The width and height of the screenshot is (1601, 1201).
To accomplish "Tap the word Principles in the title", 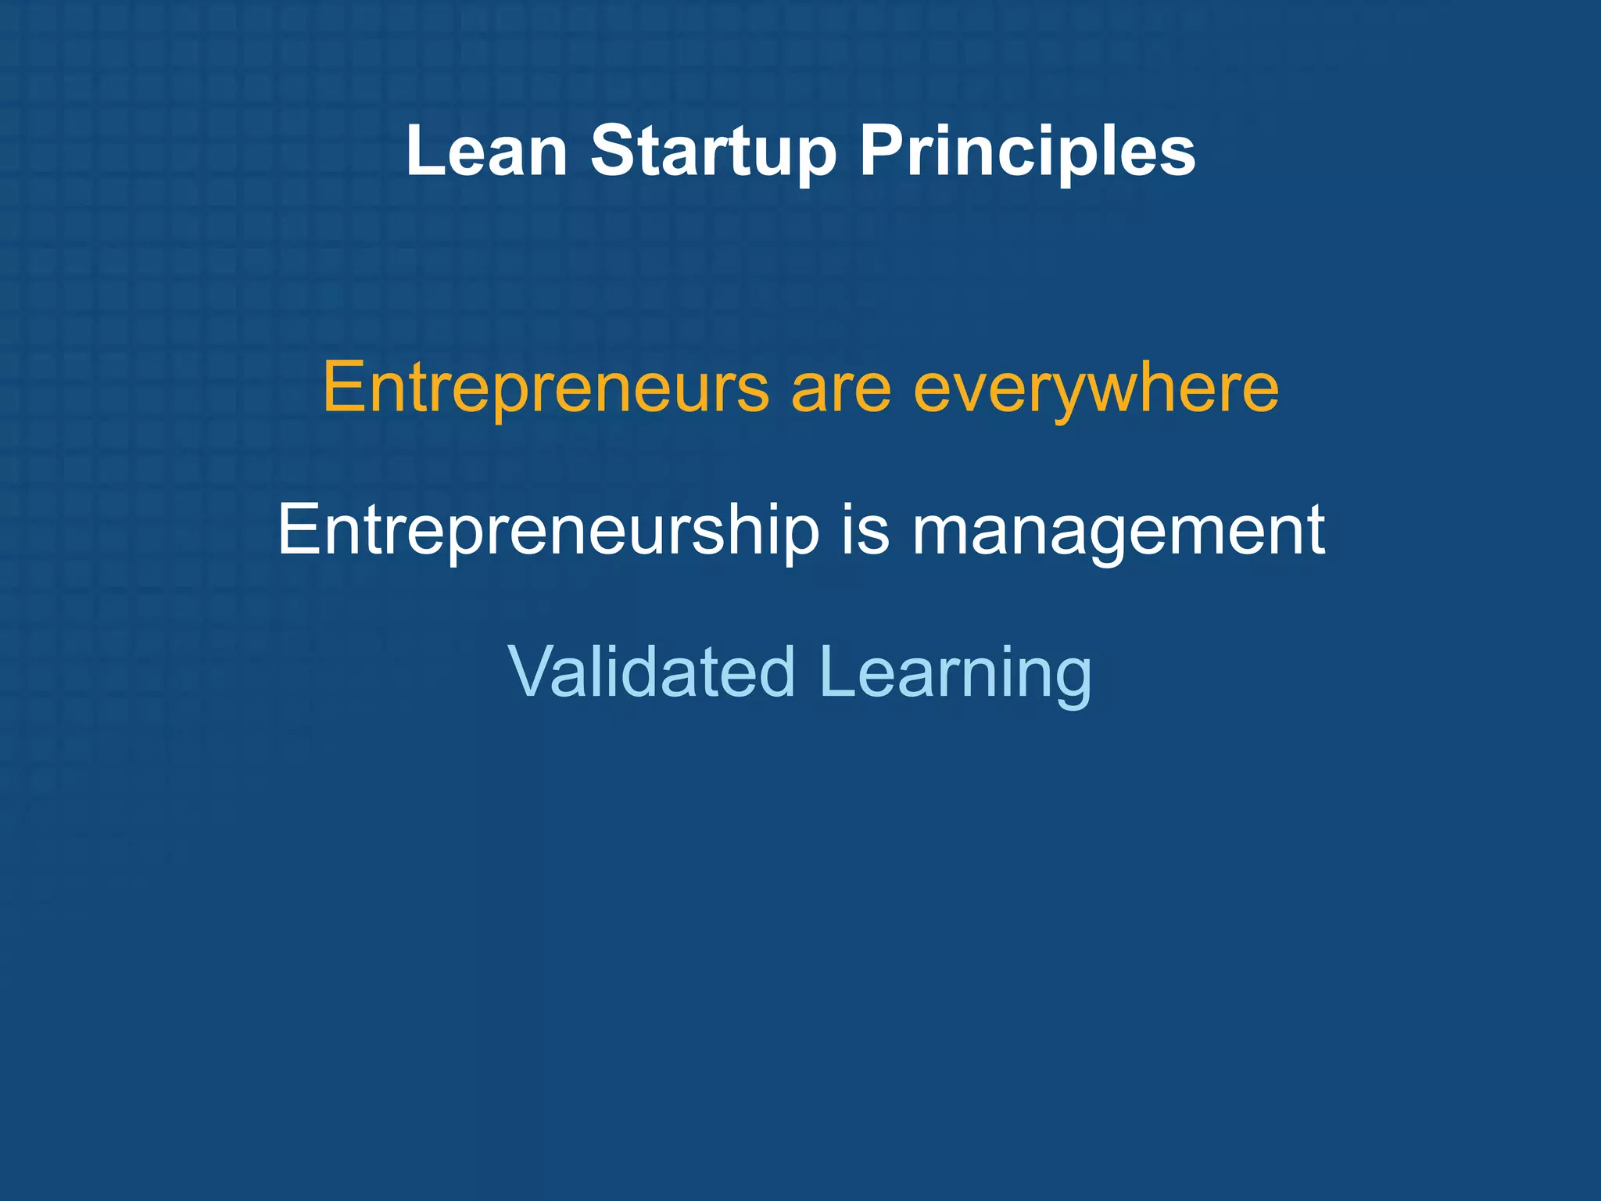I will [1027, 152].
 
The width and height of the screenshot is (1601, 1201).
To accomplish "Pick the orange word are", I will [841, 389].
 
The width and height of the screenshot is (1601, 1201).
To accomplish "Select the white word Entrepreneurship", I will [548, 531].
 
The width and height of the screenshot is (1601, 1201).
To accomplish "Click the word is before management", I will [865, 529].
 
